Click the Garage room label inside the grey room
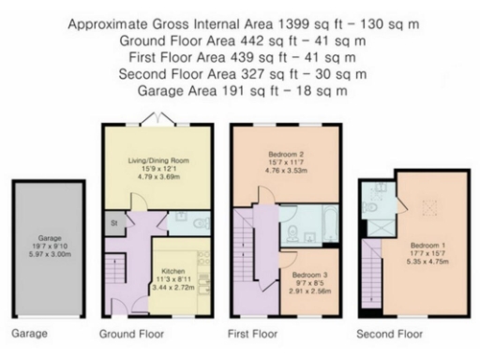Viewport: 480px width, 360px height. [x=48, y=238]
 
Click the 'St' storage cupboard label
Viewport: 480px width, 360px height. [x=114, y=223]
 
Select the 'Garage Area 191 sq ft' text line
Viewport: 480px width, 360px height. [x=239, y=91]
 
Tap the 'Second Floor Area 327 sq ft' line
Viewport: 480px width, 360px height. [x=239, y=74]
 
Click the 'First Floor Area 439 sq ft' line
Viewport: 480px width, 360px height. [x=239, y=58]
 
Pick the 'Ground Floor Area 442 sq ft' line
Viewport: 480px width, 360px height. [x=239, y=41]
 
